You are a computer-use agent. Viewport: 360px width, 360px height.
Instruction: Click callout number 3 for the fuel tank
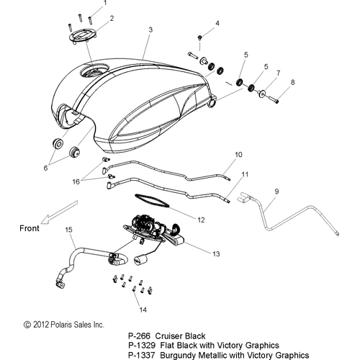(150, 30)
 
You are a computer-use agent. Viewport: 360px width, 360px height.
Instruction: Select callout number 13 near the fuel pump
(216, 253)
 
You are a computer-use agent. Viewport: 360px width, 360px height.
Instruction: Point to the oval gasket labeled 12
(152, 200)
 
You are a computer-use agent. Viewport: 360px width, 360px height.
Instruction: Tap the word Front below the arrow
(30, 228)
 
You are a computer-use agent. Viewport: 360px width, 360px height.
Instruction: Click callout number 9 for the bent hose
(276, 192)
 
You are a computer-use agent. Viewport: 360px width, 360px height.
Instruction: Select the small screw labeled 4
(199, 37)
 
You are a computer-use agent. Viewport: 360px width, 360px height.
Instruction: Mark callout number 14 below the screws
(143, 310)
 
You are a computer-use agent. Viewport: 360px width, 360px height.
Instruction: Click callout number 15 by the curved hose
(68, 230)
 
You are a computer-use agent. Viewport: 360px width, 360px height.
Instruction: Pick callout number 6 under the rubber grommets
(45, 168)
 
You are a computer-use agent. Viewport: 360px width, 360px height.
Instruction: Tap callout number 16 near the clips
(76, 181)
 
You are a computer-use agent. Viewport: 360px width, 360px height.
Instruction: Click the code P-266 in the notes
(139, 336)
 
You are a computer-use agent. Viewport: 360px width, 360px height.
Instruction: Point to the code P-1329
(142, 346)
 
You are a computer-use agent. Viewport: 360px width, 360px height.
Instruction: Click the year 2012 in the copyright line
(41, 325)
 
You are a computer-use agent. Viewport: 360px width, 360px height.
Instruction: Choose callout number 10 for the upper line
(238, 155)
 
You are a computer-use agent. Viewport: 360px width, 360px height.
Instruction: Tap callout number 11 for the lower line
(245, 174)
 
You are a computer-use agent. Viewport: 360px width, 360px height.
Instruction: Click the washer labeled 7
(262, 93)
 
